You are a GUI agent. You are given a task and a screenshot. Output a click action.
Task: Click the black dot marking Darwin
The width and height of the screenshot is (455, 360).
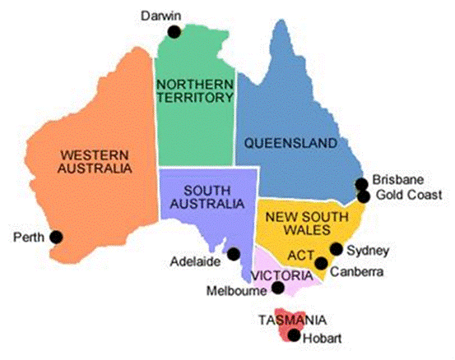click(174, 32)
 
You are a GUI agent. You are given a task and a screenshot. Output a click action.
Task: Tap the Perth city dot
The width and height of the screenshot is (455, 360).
click(56, 237)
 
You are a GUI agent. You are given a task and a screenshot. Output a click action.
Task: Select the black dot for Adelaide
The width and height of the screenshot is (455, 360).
click(234, 254)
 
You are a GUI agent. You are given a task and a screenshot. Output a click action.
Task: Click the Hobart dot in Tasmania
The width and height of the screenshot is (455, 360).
click(294, 335)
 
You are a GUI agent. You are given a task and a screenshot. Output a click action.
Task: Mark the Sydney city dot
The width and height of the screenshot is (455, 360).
click(336, 249)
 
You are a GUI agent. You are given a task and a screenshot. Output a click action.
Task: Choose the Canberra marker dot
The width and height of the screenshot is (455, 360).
click(320, 263)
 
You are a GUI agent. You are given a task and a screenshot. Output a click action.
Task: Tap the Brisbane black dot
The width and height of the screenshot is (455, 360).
click(360, 184)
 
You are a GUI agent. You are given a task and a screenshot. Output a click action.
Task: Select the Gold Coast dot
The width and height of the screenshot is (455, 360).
click(363, 196)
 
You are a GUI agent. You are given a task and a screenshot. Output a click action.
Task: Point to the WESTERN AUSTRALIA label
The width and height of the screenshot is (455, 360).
click(93, 161)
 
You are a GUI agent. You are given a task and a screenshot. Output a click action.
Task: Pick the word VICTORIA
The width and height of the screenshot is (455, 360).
click(281, 274)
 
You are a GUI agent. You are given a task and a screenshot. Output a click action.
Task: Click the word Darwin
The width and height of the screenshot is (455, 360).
click(160, 16)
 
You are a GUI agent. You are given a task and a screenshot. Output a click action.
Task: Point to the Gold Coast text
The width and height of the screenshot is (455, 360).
click(408, 195)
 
